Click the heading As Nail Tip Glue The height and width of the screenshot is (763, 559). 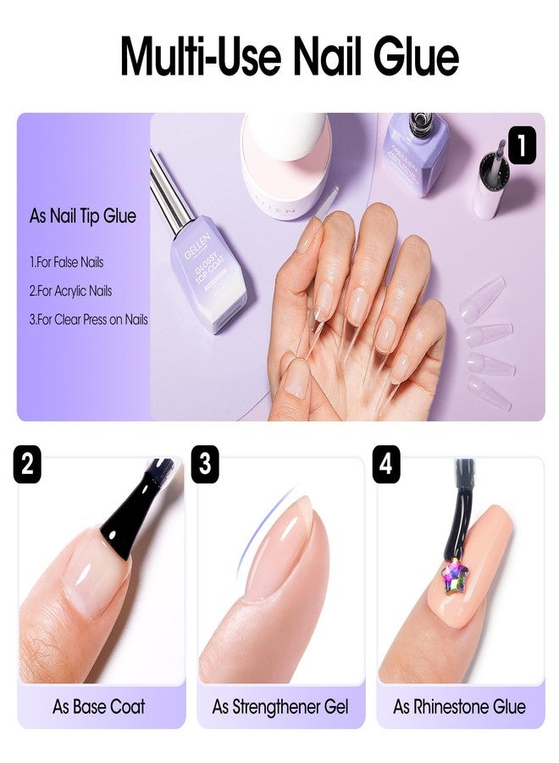(83, 216)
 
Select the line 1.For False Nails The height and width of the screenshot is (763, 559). (66, 263)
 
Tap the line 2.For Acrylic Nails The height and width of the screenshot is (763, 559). (70, 291)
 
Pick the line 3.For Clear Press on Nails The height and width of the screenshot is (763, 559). (88, 320)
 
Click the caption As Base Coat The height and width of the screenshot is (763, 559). (98, 706)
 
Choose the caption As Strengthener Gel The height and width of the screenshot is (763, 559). (280, 706)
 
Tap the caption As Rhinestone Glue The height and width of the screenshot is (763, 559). (459, 706)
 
